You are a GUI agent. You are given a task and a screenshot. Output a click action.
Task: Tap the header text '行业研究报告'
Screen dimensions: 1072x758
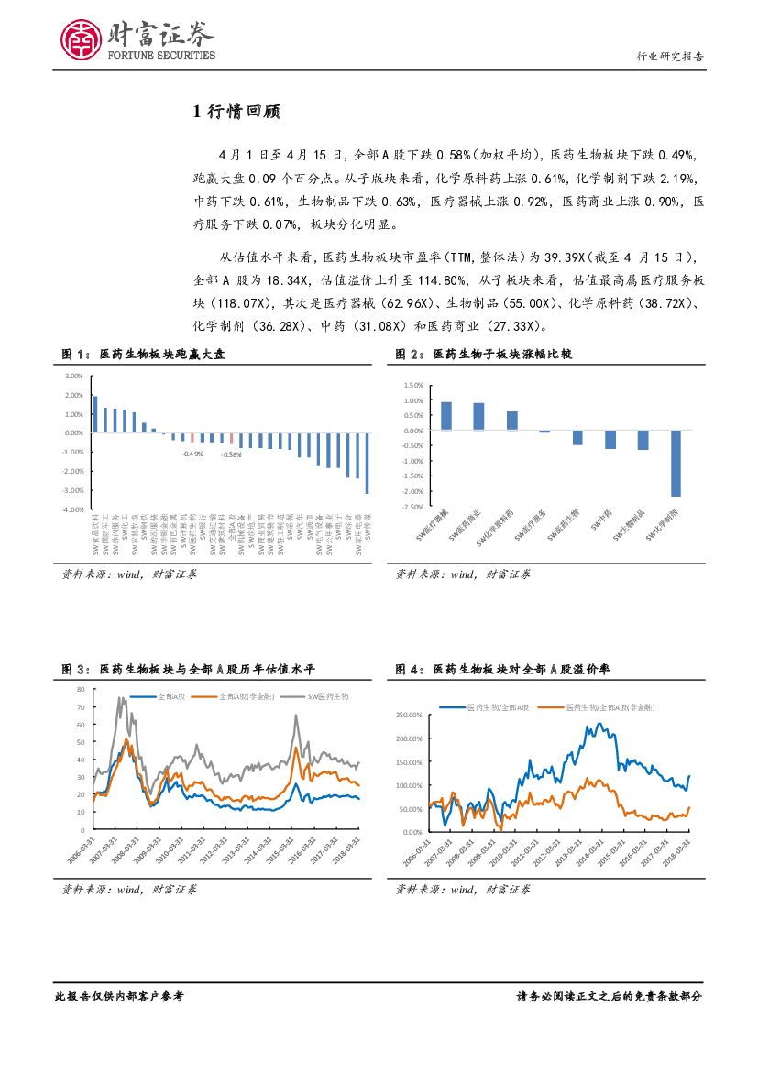[670, 57]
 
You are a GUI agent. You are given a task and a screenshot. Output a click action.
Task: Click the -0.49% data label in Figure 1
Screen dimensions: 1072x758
[192, 454]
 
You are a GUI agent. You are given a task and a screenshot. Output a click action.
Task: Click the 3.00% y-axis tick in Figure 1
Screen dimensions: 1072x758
[74, 377]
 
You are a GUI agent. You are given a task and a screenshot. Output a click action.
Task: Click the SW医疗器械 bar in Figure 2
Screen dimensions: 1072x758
[445, 416]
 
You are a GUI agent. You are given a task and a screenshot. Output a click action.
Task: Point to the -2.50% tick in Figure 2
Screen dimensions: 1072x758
[412, 506]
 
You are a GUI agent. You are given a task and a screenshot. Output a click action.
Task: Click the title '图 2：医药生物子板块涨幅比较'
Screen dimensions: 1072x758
[483, 354]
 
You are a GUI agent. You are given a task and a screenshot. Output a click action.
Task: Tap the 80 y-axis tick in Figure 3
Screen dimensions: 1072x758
[82, 689]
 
